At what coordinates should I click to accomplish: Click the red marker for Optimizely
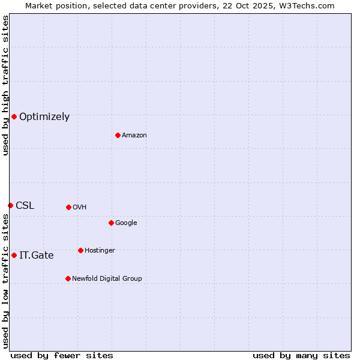pyautogui.click(x=14, y=116)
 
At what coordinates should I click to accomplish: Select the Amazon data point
pyautogui.click(x=118, y=135)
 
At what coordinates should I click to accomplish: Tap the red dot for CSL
pyautogui.click(x=10, y=205)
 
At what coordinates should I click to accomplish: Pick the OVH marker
pyautogui.click(x=68, y=207)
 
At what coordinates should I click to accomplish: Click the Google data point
pyautogui.click(x=111, y=223)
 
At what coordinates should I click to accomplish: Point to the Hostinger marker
pyautogui.click(x=80, y=250)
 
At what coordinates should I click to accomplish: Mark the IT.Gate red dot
pyautogui.click(x=14, y=255)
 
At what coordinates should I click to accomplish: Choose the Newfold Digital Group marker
pyautogui.click(x=68, y=278)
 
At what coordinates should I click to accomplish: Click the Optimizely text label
pyautogui.click(x=44, y=117)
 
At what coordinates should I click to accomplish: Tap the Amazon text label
pyautogui.click(x=134, y=136)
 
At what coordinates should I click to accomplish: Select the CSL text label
pyautogui.click(x=25, y=206)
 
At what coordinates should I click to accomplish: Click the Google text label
pyautogui.click(x=126, y=223)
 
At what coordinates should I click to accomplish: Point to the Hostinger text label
pyautogui.click(x=100, y=251)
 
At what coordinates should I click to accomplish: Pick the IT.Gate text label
pyautogui.click(x=37, y=256)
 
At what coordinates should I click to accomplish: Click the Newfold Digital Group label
pyautogui.click(x=107, y=279)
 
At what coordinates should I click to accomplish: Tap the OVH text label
pyautogui.click(x=80, y=208)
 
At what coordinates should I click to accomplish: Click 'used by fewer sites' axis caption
pyautogui.click(x=62, y=355)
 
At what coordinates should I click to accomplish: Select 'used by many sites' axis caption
pyautogui.click(x=301, y=355)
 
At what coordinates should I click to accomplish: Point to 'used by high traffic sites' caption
pyautogui.click(x=5, y=85)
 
